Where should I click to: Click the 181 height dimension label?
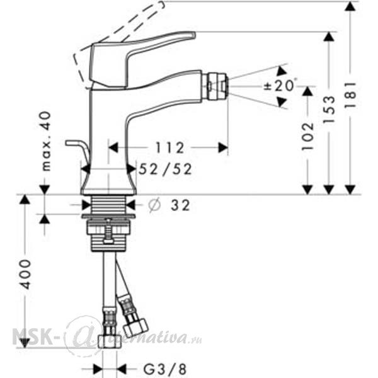click(350, 95)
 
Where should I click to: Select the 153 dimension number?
click(329, 109)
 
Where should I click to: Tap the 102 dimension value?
click(308, 137)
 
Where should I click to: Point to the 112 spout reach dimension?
click(169, 147)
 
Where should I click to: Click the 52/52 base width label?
click(165, 169)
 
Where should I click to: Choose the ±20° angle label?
click(279, 85)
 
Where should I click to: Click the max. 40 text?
click(47, 141)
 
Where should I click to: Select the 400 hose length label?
click(25, 274)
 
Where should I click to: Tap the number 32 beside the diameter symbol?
click(180, 205)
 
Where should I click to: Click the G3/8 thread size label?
click(165, 369)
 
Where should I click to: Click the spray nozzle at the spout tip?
click(215, 86)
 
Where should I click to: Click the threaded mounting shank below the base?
click(109, 204)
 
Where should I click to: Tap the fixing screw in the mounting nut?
click(109, 231)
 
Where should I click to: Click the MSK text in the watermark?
click(32, 336)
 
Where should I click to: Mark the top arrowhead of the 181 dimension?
click(350, 6)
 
